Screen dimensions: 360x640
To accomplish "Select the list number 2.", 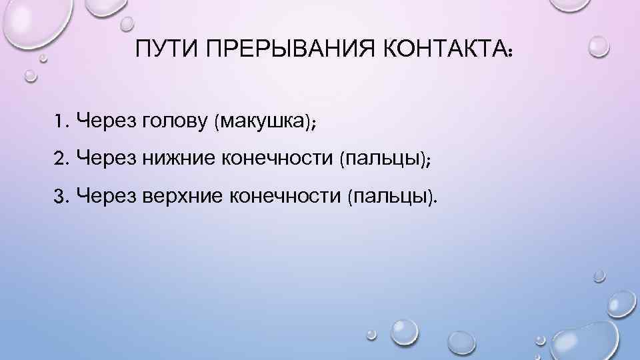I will [x=62, y=159].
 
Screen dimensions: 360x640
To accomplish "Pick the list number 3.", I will [x=62, y=196].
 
